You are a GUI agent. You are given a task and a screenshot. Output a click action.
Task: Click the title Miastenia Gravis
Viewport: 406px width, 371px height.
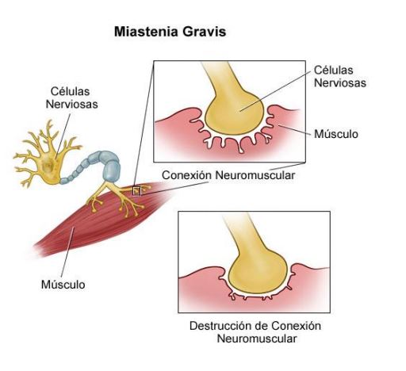pyautogui.click(x=170, y=32)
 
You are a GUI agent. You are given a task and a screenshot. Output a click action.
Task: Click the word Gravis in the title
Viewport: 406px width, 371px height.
pyautogui.click(x=204, y=32)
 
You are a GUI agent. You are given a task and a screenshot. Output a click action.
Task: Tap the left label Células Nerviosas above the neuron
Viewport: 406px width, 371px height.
pyautogui.click(x=71, y=98)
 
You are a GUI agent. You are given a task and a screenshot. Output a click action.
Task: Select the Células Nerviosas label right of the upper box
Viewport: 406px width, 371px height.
pyautogui.click(x=340, y=76)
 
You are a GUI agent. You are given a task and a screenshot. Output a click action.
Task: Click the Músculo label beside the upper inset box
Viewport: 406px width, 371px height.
pyautogui.click(x=336, y=134)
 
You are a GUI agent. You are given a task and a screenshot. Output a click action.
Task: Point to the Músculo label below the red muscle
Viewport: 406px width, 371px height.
pyautogui.click(x=63, y=285)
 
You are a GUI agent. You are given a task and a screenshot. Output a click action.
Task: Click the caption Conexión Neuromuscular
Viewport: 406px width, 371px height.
pyautogui.click(x=228, y=175)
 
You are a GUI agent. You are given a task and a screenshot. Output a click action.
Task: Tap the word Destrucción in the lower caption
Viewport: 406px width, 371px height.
pyautogui.click(x=221, y=326)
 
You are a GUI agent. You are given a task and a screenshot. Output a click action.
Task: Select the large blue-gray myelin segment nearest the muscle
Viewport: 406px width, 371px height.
pyautogui.click(x=112, y=171)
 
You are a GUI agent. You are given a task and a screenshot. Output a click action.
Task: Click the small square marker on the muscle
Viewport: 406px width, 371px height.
pyautogui.click(x=136, y=191)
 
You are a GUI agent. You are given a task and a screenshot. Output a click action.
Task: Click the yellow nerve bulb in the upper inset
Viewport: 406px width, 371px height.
pyautogui.click(x=234, y=113)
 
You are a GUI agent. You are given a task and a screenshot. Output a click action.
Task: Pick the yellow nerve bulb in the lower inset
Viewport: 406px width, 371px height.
pyautogui.click(x=258, y=270)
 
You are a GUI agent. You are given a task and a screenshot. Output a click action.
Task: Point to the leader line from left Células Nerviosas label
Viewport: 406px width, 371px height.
pyautogui.click(x=63, y=136)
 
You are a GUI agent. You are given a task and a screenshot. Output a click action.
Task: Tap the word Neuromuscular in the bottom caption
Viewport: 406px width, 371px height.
pyautogui.click(x=257, y=338)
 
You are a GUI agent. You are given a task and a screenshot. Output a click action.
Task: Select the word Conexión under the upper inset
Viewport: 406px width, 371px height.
pyautogui.click(x=186, y=175)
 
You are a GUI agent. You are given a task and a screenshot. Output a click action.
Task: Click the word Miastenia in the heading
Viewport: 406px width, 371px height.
pyautogui.click(x=146, y=32)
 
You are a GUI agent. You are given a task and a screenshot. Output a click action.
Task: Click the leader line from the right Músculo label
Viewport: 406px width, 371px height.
pyautogui.click(x=295, y=130)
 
